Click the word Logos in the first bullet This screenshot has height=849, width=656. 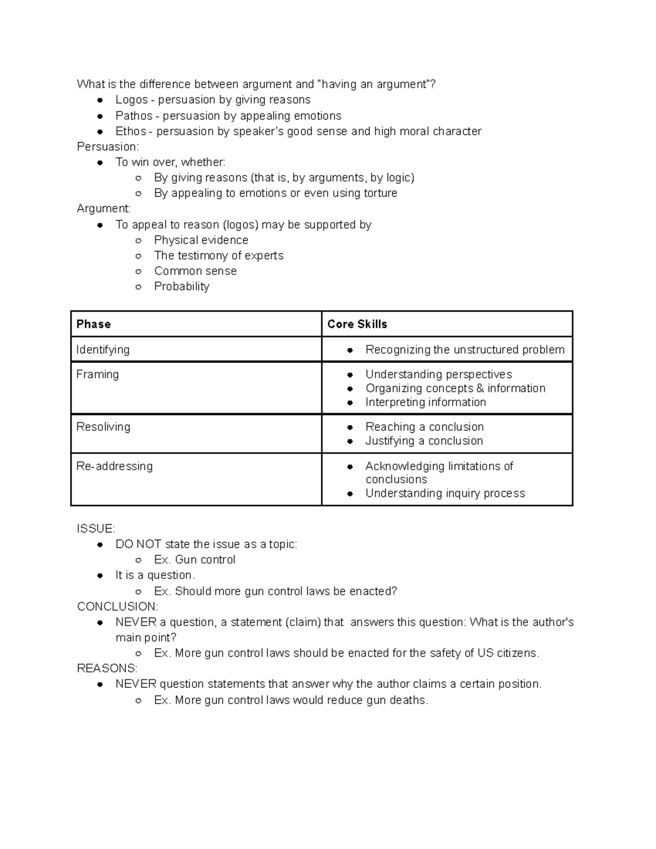pos(131,100)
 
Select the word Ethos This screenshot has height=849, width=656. pos(131,131)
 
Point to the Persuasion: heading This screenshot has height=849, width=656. pos(108,147)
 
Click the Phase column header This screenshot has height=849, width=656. pos(93,324)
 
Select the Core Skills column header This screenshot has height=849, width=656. pos(357,324)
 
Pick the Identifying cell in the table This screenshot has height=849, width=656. pos(103,350)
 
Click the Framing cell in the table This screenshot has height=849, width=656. pos(97,374)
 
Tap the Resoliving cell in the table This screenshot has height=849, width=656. pos(103,427)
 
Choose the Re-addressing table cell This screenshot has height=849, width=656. pos(114,466)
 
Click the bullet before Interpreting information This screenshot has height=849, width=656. pos(350,403)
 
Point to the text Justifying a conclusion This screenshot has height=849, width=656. pos(424,441)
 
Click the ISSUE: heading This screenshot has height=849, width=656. pos(96,529)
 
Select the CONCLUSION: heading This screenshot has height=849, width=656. pos(118,607)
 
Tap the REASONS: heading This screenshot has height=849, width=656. pos(107,669)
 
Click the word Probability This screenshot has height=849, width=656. pos(181,286)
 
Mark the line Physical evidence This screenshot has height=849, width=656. pos(201,240)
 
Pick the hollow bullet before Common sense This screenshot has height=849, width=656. pos(139,272)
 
